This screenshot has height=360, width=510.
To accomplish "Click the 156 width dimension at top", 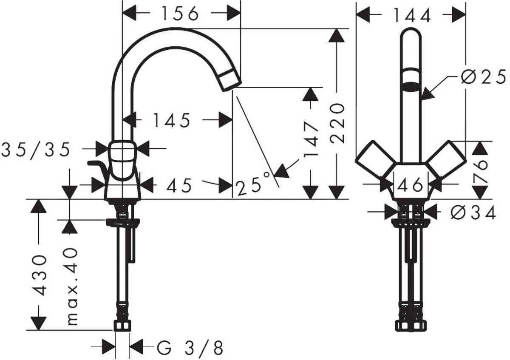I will [180, 14].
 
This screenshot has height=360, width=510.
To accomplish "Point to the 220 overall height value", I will [337, 123].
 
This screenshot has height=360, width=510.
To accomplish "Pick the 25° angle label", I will [253, 186].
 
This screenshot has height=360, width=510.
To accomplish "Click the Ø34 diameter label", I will [472, 212].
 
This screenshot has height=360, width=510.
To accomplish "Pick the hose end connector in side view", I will [122, 325].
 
